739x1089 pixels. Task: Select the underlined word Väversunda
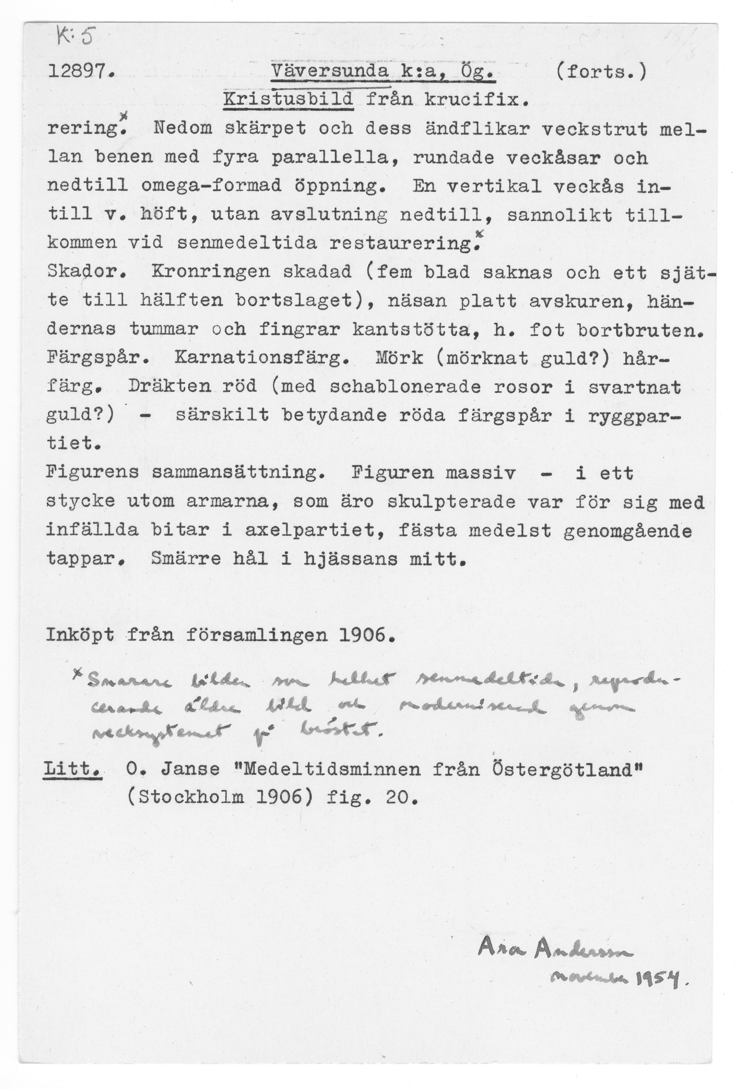[330, 72]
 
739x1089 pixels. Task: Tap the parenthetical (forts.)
[601, 72]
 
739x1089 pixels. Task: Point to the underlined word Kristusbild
[288, 100]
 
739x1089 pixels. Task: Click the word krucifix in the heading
[477, 100]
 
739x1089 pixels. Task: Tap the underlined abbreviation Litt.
[73, 770]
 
